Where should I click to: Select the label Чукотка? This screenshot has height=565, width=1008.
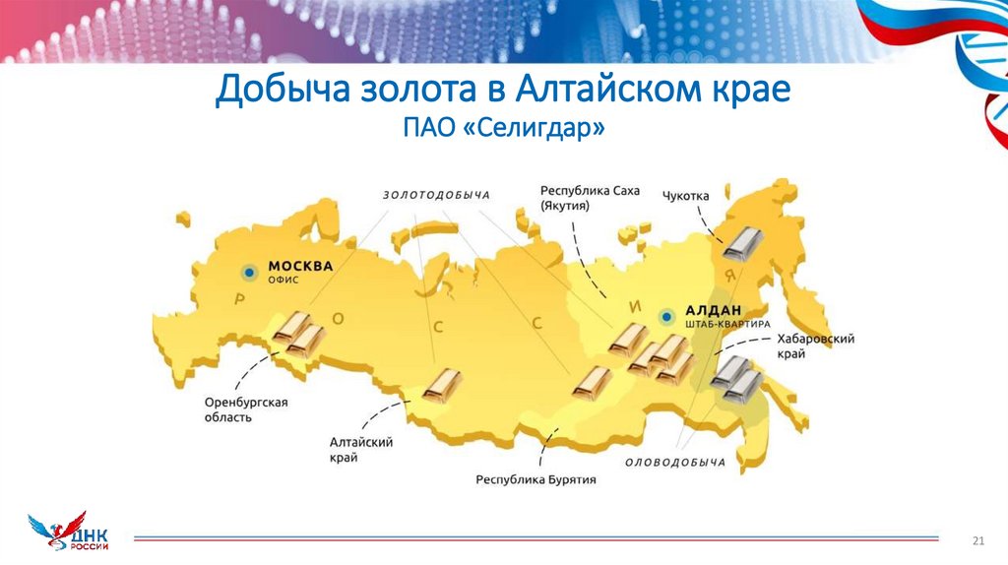(x=686, y=196)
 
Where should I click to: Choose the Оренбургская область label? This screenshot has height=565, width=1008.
(x=246, y=409)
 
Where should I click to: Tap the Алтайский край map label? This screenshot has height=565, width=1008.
(x=361, y=450)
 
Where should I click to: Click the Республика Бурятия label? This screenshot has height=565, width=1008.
(x=536, y=480)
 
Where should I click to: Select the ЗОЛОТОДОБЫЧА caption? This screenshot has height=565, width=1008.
(x=436, y=195)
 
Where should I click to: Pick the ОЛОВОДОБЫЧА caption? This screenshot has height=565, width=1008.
(x=675, y=462)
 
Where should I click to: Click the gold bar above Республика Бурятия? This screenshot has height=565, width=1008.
(x=592, y=383)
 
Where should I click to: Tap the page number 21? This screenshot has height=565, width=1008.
(x=977, y=539)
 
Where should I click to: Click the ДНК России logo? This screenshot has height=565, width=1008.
(x=71, y=532)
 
